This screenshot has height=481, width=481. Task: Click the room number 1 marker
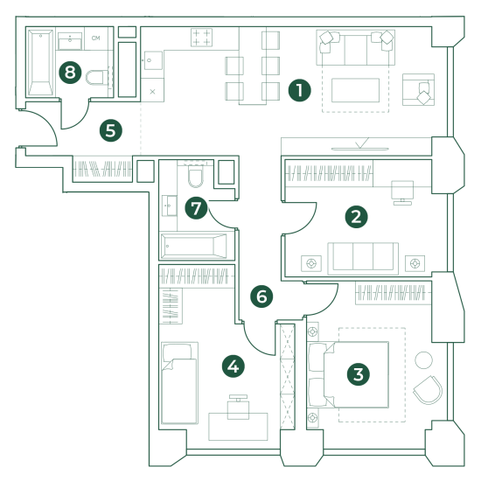(299, 90)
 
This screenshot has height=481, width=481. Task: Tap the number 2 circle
(356, 217)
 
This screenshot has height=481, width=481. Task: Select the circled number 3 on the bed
(358, 374)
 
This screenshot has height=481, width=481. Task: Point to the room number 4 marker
(234, 366)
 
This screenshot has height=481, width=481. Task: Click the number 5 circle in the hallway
(111, 130)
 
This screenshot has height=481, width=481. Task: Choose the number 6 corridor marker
(261, 296)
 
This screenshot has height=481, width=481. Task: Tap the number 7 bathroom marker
(196, 207)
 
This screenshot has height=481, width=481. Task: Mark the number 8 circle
(70, 73)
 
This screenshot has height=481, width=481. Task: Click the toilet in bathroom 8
(97, 78)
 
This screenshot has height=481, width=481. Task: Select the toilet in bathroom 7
(195, 176)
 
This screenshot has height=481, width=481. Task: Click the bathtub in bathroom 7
(194, 246)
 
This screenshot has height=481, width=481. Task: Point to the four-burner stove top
(201, 38)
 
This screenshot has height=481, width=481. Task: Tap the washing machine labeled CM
(96, 38)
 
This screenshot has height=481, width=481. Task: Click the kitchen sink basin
(153, 60)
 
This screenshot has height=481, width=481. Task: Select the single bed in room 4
(180, 383)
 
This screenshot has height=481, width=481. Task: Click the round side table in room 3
(423, 359)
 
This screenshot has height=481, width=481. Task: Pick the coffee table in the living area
(355, 90)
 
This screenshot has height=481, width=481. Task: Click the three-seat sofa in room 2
(363, 258)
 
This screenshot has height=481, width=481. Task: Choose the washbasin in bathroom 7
(170, 206)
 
